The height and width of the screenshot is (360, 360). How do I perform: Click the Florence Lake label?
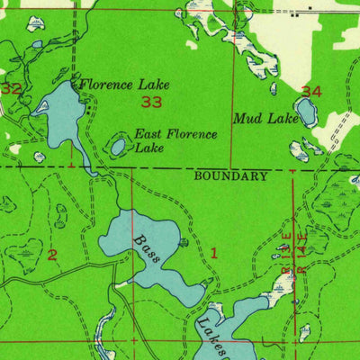click(x=124, y=85)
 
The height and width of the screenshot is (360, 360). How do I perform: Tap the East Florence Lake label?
click(x=175, y=141)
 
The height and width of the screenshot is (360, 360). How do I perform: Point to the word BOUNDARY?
click(x=230, y=176)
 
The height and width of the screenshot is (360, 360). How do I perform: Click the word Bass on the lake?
click(x=147, y=248)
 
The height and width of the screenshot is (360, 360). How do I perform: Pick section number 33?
click(x=152, y=103)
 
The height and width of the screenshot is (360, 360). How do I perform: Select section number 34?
click(x=311, y=92)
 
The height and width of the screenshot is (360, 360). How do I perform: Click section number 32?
click(x=11, y=89)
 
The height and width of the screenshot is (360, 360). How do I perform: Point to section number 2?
click(x=51, y=256)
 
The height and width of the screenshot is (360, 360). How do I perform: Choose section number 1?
click(x=214, y=253)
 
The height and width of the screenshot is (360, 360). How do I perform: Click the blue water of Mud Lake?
click(x=306, y=112)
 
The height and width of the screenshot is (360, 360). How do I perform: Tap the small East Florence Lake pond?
click(x=119, y=145)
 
